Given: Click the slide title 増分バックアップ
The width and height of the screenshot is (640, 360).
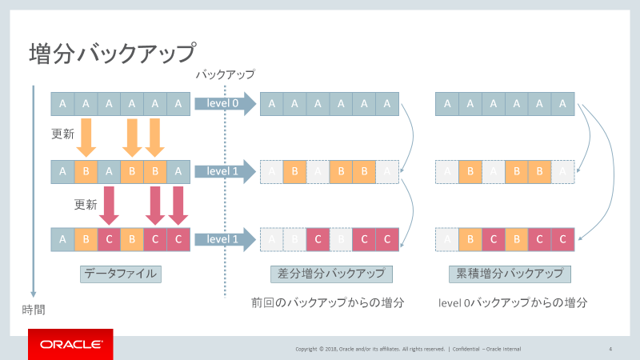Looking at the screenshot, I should click(112, 54).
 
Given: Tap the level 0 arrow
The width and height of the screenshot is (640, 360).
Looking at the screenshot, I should click(224, 103).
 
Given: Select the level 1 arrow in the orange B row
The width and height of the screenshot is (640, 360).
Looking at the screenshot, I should click(224, 171).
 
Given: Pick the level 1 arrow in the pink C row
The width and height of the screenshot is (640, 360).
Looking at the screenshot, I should click(224, 239).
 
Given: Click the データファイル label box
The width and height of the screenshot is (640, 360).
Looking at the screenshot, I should click(121, 274).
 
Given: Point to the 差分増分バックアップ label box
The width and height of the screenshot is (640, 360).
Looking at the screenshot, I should click(331, 274).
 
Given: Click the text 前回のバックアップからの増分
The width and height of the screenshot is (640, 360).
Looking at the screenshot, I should click(327, 303).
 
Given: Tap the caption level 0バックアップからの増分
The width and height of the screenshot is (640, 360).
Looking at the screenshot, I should click(514, 303).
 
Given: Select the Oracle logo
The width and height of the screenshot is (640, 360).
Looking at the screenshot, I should click(70, 345).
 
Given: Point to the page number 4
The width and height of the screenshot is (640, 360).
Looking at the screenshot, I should click(610, 349).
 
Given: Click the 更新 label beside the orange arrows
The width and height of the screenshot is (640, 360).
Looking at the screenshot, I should click(63, 130).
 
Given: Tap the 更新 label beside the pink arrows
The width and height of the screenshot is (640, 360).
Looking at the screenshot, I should click(86, 204).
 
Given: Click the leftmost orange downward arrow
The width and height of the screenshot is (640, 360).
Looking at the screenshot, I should click(86, 138).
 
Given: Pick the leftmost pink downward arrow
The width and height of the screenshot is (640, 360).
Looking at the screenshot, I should click(109, 206).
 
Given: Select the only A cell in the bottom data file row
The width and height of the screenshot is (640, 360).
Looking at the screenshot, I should click(62, 239).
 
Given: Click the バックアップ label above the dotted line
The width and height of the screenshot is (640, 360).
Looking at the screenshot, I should click(226, 74).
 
